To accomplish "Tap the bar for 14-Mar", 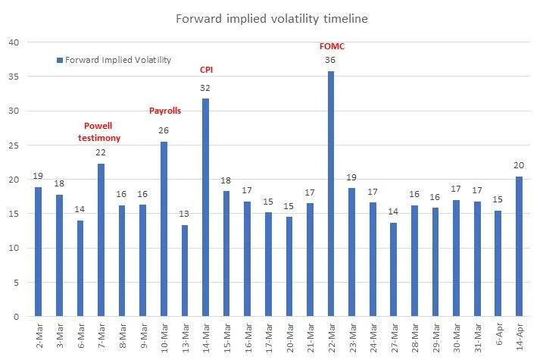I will tap(205, 208).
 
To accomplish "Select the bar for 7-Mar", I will tap(101, 240).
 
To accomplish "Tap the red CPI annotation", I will tap(206, 70).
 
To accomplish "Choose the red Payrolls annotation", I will tap(164, 111).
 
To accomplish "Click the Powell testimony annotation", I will tap(100, 132).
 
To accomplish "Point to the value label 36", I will tap(331, 61).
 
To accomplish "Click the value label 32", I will tap(205, 88).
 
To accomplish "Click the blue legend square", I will tap(59, 60).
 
